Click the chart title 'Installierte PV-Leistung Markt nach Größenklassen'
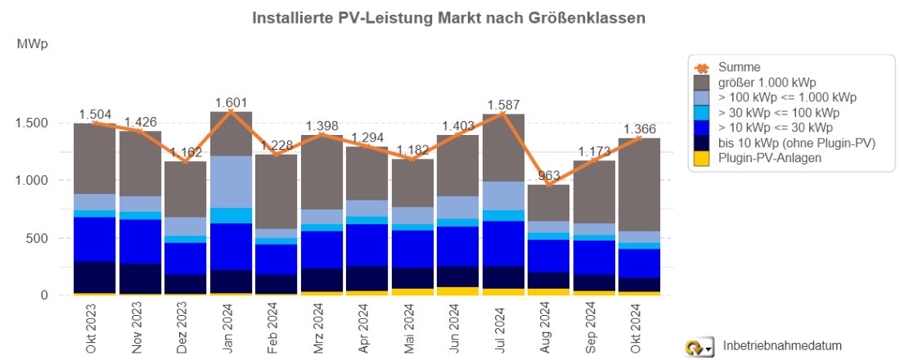(x=449, y=17)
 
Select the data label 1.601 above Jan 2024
(x=231, y=102)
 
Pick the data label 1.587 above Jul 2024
(x=504, y=105)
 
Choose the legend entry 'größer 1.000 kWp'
(x=766, y=83)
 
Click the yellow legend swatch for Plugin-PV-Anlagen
(x=701, y=158)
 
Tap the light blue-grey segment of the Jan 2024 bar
(x=231, y=182)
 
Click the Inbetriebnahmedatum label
(x=782, y=346)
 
